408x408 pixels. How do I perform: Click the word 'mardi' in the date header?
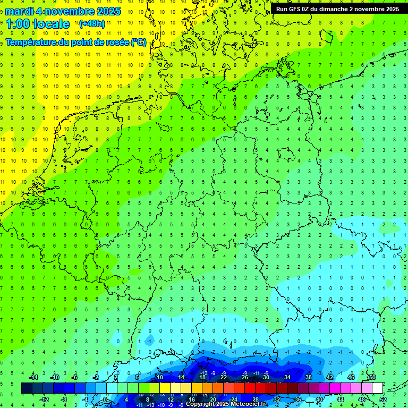19,11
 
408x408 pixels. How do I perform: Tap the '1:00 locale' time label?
38,24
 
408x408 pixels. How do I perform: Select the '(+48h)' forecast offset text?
92,24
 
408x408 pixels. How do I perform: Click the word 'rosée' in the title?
115,42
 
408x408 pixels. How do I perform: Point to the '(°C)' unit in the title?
139,42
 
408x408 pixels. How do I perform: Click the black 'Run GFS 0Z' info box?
338,9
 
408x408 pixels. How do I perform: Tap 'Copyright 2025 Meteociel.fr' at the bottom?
226,404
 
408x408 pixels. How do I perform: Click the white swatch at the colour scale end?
377,388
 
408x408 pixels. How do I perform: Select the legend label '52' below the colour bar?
383,399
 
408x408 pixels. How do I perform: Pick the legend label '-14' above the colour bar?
33,377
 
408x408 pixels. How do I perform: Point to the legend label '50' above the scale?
372,377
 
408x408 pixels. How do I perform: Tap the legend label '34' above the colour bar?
287,377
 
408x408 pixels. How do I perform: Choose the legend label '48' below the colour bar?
362,399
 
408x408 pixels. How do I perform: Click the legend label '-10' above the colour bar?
54,377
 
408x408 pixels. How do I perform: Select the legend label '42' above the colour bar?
330,377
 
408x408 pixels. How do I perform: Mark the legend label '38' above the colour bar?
309,377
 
